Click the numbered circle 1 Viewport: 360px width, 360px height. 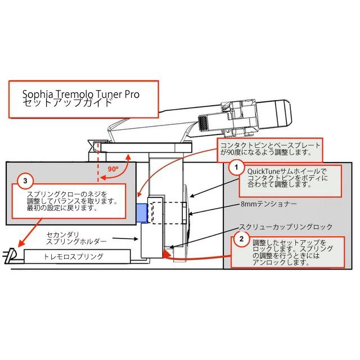(236, 168)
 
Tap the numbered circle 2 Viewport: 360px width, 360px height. (241, 239)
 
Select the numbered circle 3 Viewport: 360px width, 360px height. (25, 181)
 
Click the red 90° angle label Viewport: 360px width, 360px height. (113, 169)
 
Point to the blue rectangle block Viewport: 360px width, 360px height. (142, 213)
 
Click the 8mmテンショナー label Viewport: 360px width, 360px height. (269, 204)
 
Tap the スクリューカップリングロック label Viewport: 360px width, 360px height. (286, 227)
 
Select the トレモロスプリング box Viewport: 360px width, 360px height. (77, 256)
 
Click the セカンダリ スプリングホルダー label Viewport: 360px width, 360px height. (76, 238)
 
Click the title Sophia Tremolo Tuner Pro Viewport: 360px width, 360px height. (81, 94)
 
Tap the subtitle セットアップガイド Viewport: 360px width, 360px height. (67, 102)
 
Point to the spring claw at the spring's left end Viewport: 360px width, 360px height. (10, 255)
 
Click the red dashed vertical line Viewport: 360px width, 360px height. (98, 162)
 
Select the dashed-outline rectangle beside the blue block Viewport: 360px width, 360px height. (168, 213)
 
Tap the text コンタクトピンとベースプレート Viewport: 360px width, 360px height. (270, 145)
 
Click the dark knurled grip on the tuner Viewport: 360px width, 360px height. (202, 123)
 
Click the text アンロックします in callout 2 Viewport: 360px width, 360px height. (281, 263)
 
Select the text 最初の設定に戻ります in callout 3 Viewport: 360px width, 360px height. (61, 208)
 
